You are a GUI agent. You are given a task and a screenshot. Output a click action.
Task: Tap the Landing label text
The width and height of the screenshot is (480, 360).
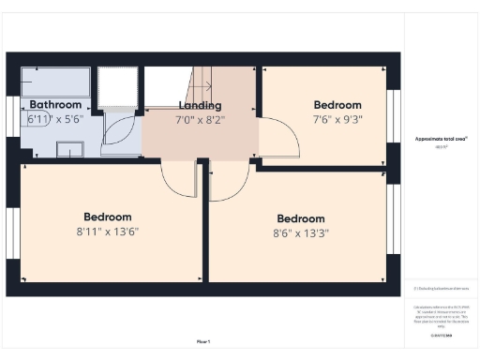click(x=199, y=105)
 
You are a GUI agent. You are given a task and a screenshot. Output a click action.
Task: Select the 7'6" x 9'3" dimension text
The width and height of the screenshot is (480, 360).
click(x=337, y=120)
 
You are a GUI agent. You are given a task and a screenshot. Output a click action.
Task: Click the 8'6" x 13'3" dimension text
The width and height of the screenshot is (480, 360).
click(x=302, y=233)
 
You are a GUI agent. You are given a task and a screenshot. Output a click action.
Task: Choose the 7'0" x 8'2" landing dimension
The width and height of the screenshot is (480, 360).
click(x=199, y=120)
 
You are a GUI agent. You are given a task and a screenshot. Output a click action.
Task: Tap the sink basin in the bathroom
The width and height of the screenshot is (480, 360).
click(x=69, y=148)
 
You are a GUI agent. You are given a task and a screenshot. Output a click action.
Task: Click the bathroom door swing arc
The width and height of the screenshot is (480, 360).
click(x=120, y=131)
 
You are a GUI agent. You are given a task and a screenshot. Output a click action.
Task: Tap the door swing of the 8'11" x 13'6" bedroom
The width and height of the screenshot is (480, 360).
click(x=178, y=176)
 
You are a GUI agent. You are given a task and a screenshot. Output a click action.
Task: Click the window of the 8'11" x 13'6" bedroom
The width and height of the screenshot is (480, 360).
click(x=12, y=232)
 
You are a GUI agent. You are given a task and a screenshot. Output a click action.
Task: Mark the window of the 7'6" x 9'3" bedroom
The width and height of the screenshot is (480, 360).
click(x=393, y=114)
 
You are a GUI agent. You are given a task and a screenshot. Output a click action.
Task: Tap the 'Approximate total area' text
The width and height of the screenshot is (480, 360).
click(x=442, y=138)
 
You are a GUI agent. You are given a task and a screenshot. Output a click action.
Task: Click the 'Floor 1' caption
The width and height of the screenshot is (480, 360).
click(x=203, y=341)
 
